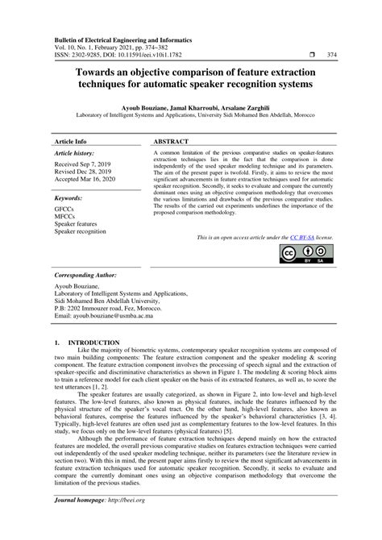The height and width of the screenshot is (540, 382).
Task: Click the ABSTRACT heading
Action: [x=172, y=139]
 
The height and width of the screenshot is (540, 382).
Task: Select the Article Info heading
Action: [x=70, y=139]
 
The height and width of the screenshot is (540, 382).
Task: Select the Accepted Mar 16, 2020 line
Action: [x=86, y=179]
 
